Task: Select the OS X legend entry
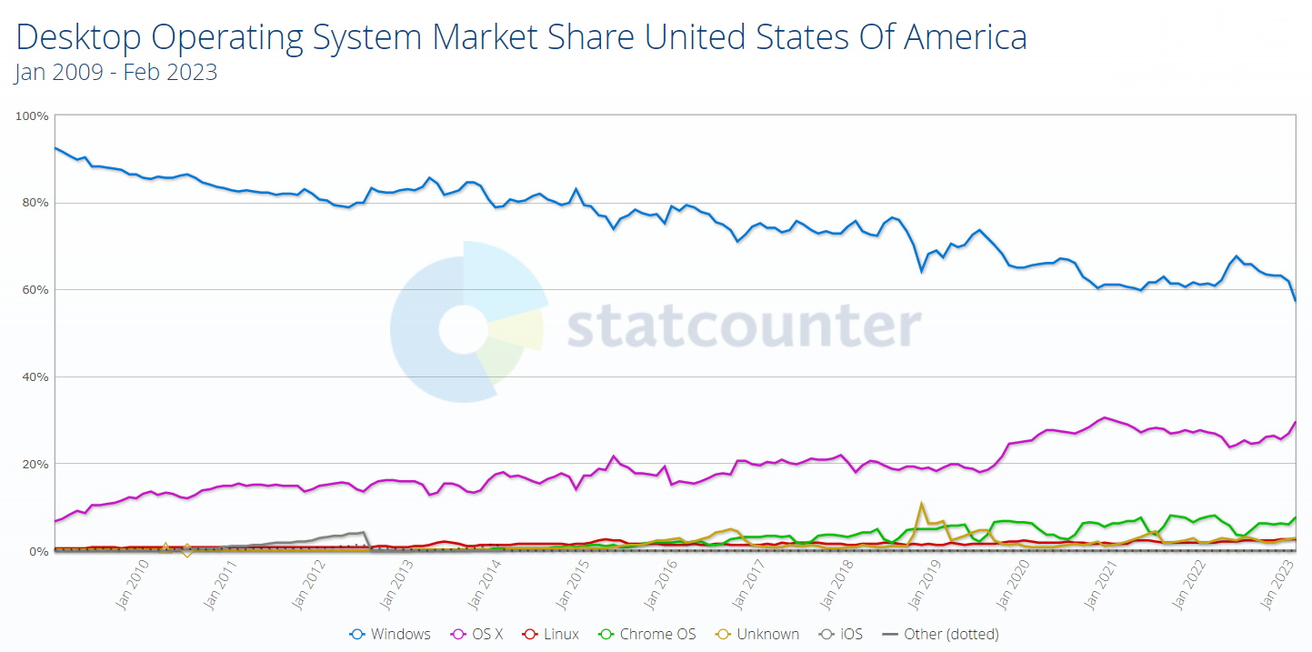click(478, 634)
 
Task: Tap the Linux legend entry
click(553, 634)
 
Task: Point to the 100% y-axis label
click(33, 116)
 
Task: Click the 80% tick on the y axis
click(35, 203)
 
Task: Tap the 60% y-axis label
click(35, 290)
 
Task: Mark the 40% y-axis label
click(35, 376)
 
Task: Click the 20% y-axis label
click(35, 464)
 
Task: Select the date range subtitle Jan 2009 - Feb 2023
click(115, 73)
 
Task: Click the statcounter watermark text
click(744, 326)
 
